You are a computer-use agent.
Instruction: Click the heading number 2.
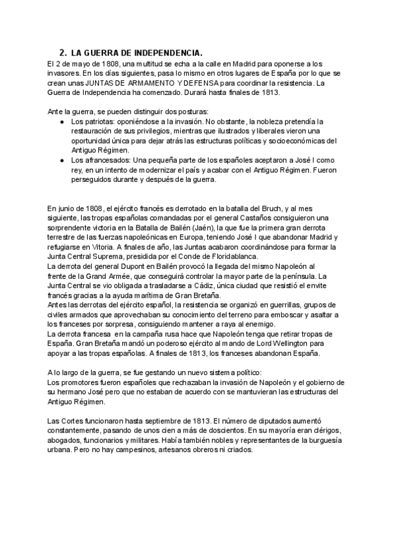[x=63, y=52]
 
